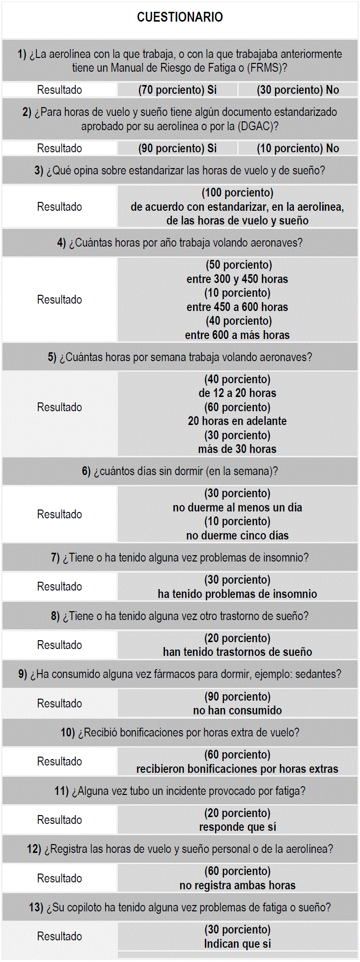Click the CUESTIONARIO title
pos(180,17)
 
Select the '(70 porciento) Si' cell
pos(177,90)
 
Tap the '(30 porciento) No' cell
pos(298,90)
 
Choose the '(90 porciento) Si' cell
pos(177,148)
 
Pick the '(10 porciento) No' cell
pos(298,148)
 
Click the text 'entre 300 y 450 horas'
pos(237,279)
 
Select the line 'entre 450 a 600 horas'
pos(237,307)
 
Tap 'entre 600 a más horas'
pos(237,335)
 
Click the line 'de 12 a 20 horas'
pos(237,393)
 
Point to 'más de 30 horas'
pos(237,449)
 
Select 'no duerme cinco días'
pos(237,536)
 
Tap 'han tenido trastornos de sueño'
pos(237,652)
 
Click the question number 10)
pos(67,733)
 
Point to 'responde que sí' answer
pos(237,827)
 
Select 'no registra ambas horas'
pos(237,885)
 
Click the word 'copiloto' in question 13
pos(84,907)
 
